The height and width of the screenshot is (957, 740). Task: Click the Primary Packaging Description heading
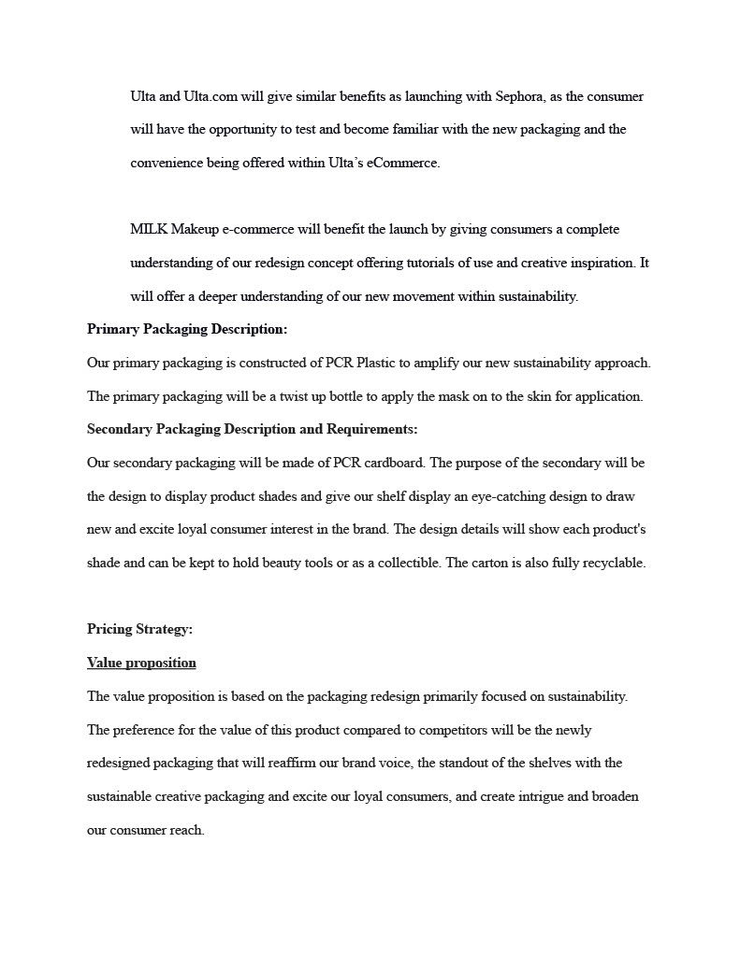(187, 329)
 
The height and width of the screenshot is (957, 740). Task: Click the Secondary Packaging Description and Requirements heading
(252, 429)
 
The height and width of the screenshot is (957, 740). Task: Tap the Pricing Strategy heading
(139, 629)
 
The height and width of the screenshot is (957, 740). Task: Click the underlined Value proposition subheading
(141, 663)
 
